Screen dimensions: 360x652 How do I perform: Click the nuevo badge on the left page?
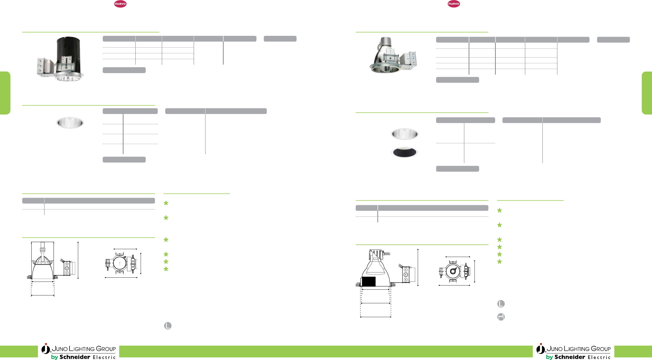(x=120, y=4)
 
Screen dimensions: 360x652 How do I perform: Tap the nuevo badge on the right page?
(x=454, y=4)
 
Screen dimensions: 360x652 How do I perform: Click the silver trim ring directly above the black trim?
(x=404, y=134)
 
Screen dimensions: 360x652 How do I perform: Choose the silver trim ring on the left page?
(x=70, y=123)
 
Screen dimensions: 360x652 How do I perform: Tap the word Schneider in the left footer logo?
(x=75, y=357)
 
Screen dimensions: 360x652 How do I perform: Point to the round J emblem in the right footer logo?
(x=540, y=349)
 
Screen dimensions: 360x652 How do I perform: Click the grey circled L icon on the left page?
(x=168, y=326)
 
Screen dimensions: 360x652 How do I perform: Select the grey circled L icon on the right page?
(x=501, y=304)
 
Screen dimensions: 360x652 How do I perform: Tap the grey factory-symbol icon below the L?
(x=501, y=317)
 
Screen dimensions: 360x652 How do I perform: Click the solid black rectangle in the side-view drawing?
(x=369, y=282)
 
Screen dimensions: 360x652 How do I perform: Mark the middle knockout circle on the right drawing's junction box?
(x=406, y=275)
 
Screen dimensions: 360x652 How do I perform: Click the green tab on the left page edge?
(x=5, y=93)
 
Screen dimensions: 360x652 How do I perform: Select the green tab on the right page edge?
(x=647, y=93)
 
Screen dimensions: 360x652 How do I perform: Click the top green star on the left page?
(x=166, y=203)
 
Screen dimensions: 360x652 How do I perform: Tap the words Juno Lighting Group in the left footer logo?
(x=84, y=349)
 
